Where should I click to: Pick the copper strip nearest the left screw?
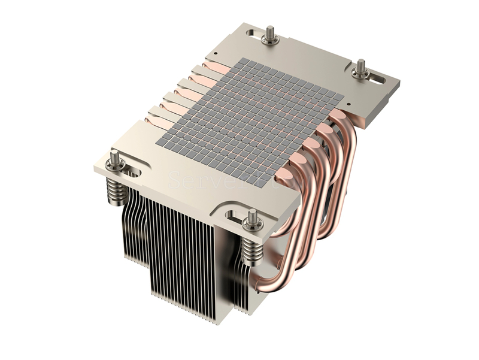coord(157,122)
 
